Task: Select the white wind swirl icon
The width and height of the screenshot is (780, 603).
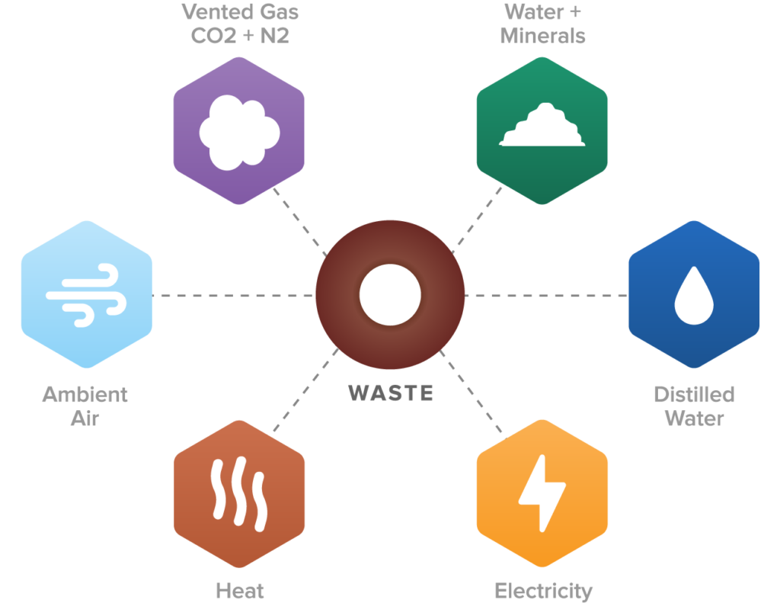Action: coord(83,295)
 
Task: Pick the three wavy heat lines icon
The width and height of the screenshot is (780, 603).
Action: coord(239,493)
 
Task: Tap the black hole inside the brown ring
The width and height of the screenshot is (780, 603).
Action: coord(390,294)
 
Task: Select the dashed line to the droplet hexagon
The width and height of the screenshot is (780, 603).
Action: coord(545,295)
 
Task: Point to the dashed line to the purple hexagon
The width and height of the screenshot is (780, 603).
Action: coord(299,221)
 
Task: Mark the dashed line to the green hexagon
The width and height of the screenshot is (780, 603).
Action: coord(478,219)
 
